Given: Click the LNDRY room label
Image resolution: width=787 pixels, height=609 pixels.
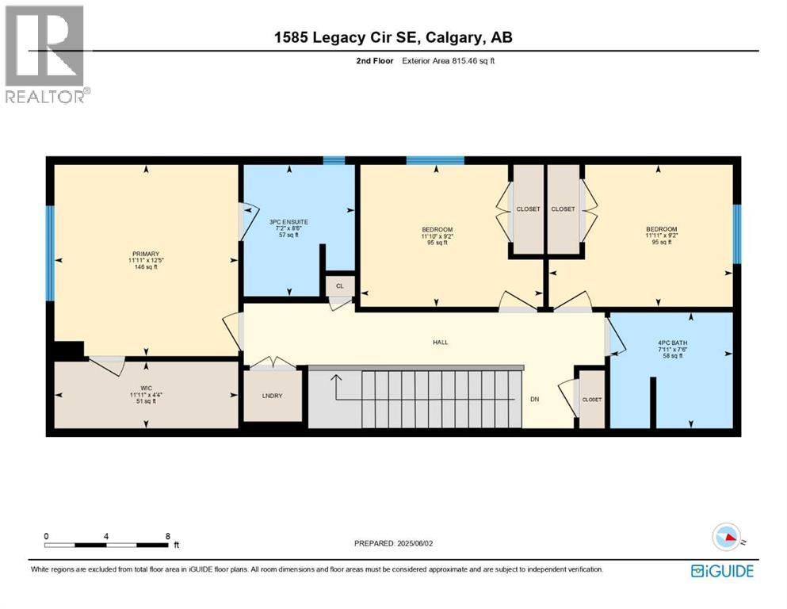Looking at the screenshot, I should point(272,396).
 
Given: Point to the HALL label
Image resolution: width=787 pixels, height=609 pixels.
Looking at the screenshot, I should point(440,343).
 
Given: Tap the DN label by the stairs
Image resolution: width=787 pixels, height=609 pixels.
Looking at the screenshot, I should point(534,399).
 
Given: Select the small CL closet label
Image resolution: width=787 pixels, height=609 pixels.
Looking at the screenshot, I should point(340,286).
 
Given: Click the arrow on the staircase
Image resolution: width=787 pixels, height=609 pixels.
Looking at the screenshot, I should point(336,388).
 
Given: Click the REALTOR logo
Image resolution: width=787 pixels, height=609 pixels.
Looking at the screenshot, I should point(46,54).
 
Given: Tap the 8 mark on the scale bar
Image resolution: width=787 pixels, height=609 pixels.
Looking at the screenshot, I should point(168,536).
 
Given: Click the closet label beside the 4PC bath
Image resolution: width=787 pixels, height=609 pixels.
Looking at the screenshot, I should point(591,400).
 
